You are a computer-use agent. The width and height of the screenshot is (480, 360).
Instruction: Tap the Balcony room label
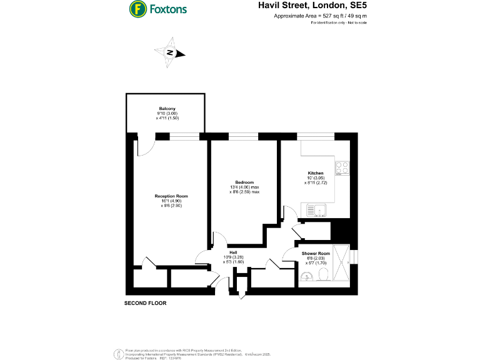click(x=166, y=108)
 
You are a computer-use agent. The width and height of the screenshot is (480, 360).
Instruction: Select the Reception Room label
click(x=171, y=196)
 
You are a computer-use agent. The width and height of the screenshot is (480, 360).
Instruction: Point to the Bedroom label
click(x=244, y=182)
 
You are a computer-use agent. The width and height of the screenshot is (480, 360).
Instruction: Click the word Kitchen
click(x=316, y=173)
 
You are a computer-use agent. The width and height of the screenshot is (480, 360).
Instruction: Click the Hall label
click(x=232, y=253)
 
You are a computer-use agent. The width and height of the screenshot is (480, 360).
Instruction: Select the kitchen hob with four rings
click(x=342, y=167)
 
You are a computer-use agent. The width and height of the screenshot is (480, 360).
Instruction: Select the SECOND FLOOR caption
click(x=145, y=303)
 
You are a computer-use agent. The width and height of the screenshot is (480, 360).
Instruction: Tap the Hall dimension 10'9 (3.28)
click(x=232, y=257)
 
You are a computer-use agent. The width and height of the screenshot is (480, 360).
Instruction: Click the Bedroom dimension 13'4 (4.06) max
click(x=244, y=187)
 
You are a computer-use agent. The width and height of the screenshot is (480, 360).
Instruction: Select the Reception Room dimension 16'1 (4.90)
click(x=171, y=201)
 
